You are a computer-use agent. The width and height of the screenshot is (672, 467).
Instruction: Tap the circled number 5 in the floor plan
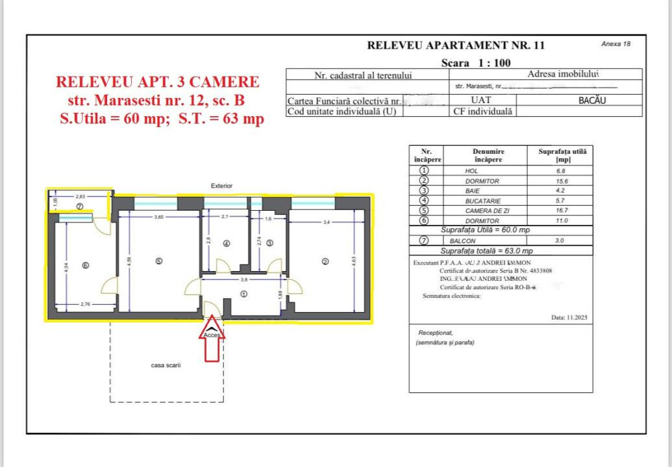[x=159, y=261]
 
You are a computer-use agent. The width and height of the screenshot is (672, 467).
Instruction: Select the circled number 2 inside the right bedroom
[x=326, y=261]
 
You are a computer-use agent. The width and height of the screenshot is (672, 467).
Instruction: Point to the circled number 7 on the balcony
[x=80, y=206]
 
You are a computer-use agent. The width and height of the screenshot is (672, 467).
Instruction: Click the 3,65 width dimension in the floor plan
[x=158, y=217]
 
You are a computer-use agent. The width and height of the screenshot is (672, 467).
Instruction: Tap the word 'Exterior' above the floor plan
[x=221, y=186]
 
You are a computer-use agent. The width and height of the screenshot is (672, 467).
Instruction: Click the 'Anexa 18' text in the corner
[x=616, y=44]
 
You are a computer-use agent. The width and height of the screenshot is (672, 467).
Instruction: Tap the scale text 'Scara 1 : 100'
[x=475, y=63]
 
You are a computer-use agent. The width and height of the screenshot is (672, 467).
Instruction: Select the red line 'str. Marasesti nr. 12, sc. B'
[x=156, y=101]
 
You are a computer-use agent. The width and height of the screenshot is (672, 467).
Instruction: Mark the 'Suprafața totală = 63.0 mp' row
[x=486, y=250]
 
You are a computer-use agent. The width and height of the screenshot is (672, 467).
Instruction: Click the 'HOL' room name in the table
[x=472, y=171]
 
